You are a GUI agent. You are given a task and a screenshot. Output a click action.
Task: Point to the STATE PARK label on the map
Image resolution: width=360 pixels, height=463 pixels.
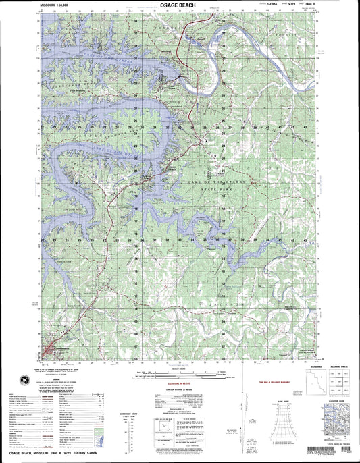(x=217, y=192)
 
